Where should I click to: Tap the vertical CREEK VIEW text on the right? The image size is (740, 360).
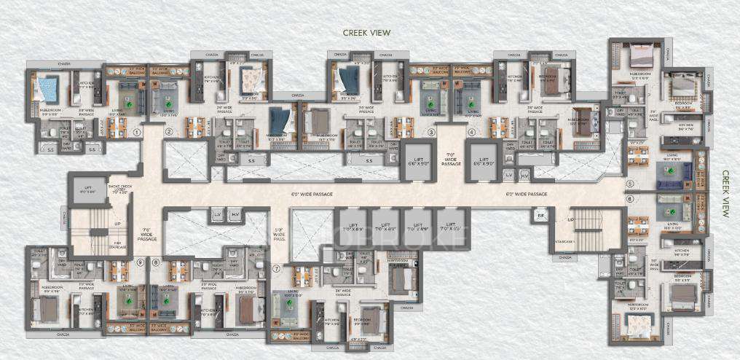(725, 194)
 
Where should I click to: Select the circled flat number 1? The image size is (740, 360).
(136, 133)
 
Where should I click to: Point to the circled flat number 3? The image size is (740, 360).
(431, 133)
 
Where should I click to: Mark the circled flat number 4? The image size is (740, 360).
(472, 133)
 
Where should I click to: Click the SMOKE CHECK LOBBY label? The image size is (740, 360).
(122, 192)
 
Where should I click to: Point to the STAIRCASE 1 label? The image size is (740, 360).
(562, 240)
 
